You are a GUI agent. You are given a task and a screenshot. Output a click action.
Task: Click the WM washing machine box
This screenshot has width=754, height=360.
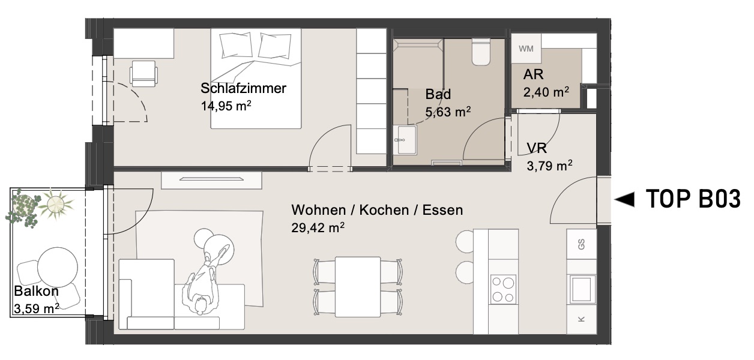click(x=526, y=48)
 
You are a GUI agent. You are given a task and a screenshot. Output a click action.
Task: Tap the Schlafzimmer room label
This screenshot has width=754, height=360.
click(x=243, y=88)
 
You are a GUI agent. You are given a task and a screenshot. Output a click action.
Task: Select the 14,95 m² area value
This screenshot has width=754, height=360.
click(x=226, y=106)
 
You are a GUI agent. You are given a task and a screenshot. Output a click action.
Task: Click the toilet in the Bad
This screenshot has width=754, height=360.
click(x=481, y=52)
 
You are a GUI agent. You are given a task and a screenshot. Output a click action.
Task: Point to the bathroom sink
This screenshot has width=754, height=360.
click(x=405, y=140)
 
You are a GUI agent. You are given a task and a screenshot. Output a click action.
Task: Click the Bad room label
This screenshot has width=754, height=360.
click(x=438, y=94)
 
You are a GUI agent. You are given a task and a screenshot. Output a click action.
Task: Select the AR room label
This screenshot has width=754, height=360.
click(x=533, y=74)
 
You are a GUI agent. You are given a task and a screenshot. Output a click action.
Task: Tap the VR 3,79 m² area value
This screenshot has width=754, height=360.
click(x=549, y=166)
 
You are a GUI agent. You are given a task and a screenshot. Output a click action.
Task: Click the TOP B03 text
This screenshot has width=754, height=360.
click(x=693, y=199)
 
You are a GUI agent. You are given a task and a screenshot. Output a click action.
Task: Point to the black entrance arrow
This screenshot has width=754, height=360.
click(x=624, y=199)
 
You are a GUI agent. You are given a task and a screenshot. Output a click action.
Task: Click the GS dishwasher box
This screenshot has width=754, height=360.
click(x=581, y=244)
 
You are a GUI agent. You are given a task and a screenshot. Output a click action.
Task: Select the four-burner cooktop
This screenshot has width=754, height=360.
click(x=503, y=289)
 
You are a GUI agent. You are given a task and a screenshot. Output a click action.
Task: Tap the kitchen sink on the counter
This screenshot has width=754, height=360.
click(x=582, y=289)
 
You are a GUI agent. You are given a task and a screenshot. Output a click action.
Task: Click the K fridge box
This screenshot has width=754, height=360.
click(x=581, y=319)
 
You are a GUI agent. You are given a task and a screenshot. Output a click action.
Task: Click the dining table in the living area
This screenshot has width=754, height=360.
click(x=358, y=287)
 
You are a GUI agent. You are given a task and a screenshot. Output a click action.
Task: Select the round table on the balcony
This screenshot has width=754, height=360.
click(x=58, y=268)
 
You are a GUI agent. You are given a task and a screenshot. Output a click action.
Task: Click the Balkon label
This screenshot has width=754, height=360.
click(x=37, y=291)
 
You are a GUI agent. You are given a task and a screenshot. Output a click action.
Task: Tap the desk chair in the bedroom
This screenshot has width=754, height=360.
click(x=143, y=74)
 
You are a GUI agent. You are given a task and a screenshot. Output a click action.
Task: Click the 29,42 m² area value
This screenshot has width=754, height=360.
click(x=318, y=228)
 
